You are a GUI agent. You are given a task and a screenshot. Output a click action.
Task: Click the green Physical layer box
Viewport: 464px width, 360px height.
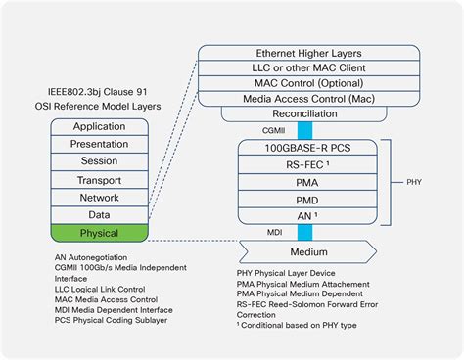tap(100, 233)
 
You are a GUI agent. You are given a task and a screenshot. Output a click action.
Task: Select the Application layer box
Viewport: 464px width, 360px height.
tap(100, 127)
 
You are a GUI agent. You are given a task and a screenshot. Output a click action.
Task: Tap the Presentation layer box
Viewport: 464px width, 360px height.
tap(100, 145)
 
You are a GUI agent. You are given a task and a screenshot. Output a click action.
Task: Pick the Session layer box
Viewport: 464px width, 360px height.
tap(100, 162)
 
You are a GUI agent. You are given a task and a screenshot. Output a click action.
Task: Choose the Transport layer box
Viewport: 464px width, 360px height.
tap(100, 180)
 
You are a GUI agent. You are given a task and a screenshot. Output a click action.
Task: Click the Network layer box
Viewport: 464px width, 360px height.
tap(100, 198)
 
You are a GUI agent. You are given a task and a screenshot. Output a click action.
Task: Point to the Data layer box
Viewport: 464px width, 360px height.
tap(100, 215)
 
